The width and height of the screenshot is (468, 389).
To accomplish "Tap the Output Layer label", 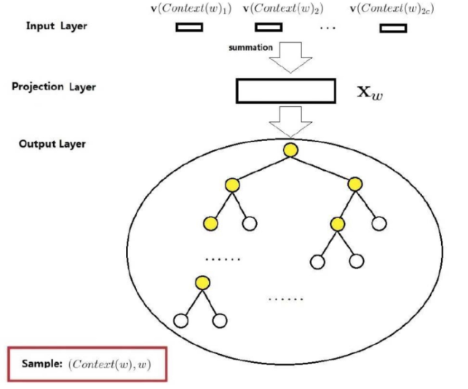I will click(52, 143).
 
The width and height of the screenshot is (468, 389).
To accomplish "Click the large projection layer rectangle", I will click(285, 90).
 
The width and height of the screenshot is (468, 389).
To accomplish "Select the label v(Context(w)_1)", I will click(191, 9).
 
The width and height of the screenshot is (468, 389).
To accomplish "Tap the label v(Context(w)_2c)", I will click(392, 9).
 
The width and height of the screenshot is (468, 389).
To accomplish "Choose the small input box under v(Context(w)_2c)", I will click(393, 29).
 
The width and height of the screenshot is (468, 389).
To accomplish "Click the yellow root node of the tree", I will click(291, 150).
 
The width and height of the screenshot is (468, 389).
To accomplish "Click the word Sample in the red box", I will click(42, 363).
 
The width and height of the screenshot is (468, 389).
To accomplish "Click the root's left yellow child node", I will click(231, 185).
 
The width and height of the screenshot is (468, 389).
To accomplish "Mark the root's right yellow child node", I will click(354, 185).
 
